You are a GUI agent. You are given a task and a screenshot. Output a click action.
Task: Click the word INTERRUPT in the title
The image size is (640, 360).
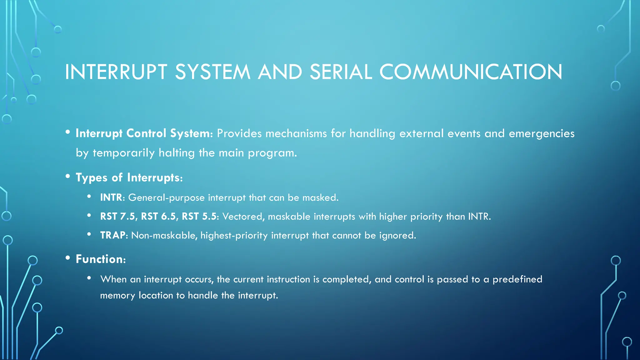point(116,72)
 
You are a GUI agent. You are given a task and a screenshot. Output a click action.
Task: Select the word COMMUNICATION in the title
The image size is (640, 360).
point(471,72)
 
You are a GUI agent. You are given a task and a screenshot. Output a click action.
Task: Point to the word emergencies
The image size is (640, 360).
point(541,133)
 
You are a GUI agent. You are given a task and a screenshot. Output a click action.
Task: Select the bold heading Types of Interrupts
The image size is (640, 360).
point(129,177)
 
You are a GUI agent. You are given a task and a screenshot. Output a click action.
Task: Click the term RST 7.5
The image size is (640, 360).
point(118,216)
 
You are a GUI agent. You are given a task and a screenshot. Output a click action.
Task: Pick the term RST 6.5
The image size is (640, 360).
point(159,216)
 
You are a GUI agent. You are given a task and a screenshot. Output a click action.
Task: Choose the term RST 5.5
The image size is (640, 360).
point(199,216)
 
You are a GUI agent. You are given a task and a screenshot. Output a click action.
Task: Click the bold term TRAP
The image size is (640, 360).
point(113,235)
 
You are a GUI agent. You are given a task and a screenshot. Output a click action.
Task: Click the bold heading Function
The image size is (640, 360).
point(100,259)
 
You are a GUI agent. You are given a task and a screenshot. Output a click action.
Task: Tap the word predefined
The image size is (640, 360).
point(517,279)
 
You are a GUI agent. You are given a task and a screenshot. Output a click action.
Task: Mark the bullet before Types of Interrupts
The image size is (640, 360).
point(68,176)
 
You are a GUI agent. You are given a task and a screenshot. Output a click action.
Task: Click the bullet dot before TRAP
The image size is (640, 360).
point(89,234)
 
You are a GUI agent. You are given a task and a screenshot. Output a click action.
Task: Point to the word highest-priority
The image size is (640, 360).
point(234,235)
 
